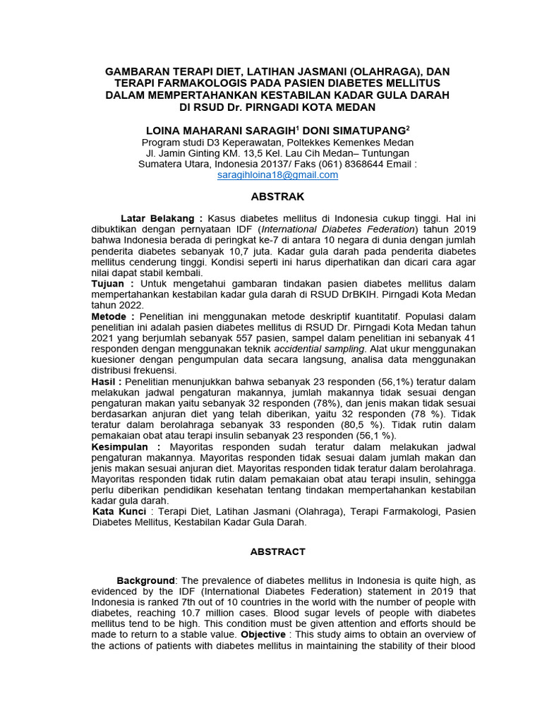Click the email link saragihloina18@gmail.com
277,175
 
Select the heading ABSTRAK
277,196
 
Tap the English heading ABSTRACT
277,551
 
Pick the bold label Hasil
105,382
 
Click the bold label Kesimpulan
124,447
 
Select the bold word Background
145,580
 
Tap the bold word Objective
266,635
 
